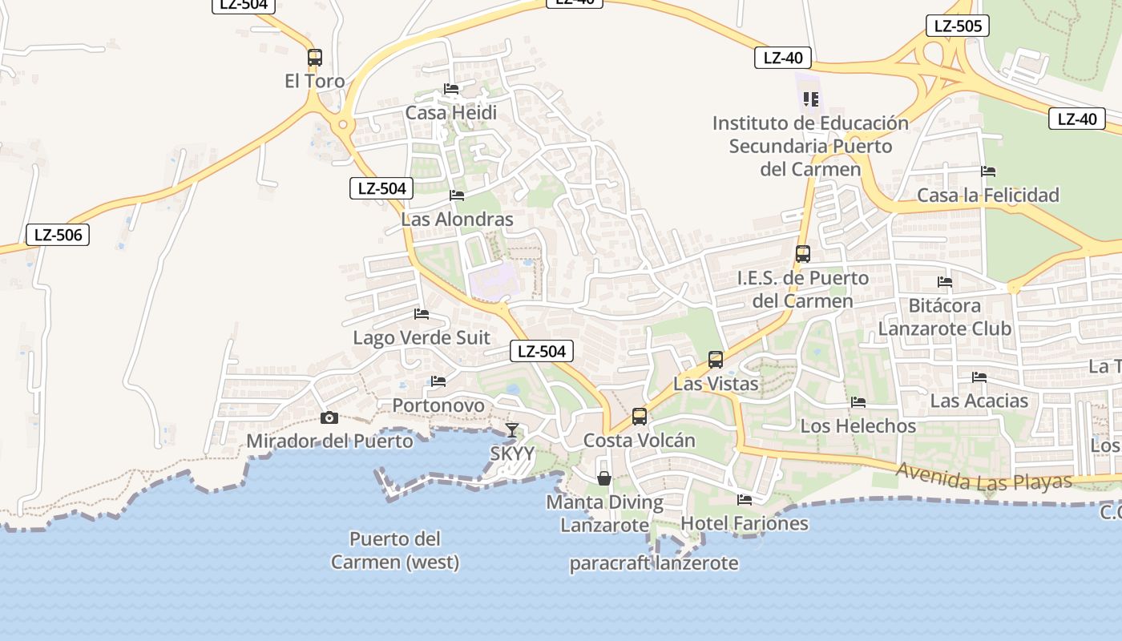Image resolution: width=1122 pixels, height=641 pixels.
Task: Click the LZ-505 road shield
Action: [957, 26]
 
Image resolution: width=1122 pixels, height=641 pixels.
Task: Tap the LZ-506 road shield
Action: [58, 235]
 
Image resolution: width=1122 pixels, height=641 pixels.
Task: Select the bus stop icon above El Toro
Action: [315, 58]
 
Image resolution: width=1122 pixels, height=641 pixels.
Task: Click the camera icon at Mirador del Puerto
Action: [329, 417]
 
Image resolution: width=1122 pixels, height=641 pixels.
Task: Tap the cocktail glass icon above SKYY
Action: [512, 430]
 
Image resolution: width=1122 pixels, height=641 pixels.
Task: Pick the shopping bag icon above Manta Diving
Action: [604, 478]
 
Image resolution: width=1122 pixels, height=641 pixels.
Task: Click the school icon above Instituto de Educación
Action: [810, 99]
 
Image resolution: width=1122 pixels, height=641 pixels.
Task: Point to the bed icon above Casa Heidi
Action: [451, 89]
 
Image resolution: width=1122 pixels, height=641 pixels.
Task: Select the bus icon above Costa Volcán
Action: [639, 417]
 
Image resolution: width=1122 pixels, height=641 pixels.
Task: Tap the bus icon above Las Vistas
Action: [716, 360]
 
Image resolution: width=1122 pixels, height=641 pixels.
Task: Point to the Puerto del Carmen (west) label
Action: [395, 550]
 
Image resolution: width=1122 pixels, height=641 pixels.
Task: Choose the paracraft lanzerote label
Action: [653, 563]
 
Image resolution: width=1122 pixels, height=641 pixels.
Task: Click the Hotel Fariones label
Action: [745, 523]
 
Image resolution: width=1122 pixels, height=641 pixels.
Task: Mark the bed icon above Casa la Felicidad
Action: [988, 171]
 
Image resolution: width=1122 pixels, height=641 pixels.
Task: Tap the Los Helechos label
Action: [858, 425]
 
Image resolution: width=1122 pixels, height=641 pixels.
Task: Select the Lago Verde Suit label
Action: [422, 337]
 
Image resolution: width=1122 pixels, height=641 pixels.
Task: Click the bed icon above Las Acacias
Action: [979, 377]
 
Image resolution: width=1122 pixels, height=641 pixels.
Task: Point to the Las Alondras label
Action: [457, 219]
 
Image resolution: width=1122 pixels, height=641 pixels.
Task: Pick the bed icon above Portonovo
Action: [438, 381]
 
